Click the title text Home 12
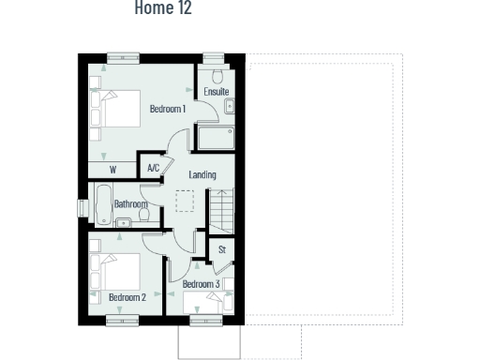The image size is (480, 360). click(x=163, y=8)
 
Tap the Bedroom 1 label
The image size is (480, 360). click(x=168, y=110)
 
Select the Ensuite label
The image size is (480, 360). click(x=217, y=92)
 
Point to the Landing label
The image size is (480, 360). click(x=202, y=175)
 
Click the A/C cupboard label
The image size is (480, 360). click(x=154, y=169)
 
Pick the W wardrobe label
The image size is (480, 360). click(x=112, y=170)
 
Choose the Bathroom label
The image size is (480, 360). click(x=130, y=203)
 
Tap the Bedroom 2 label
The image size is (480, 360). click(x=127, y=297)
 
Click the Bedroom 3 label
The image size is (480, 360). click(x=201, y=284)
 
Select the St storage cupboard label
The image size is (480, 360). click(x=222, y=249)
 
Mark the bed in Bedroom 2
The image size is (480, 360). click(x=112, y=272)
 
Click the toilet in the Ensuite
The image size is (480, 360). click(x=217, y=75)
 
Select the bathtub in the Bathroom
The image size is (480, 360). click(x=102, y=203)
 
